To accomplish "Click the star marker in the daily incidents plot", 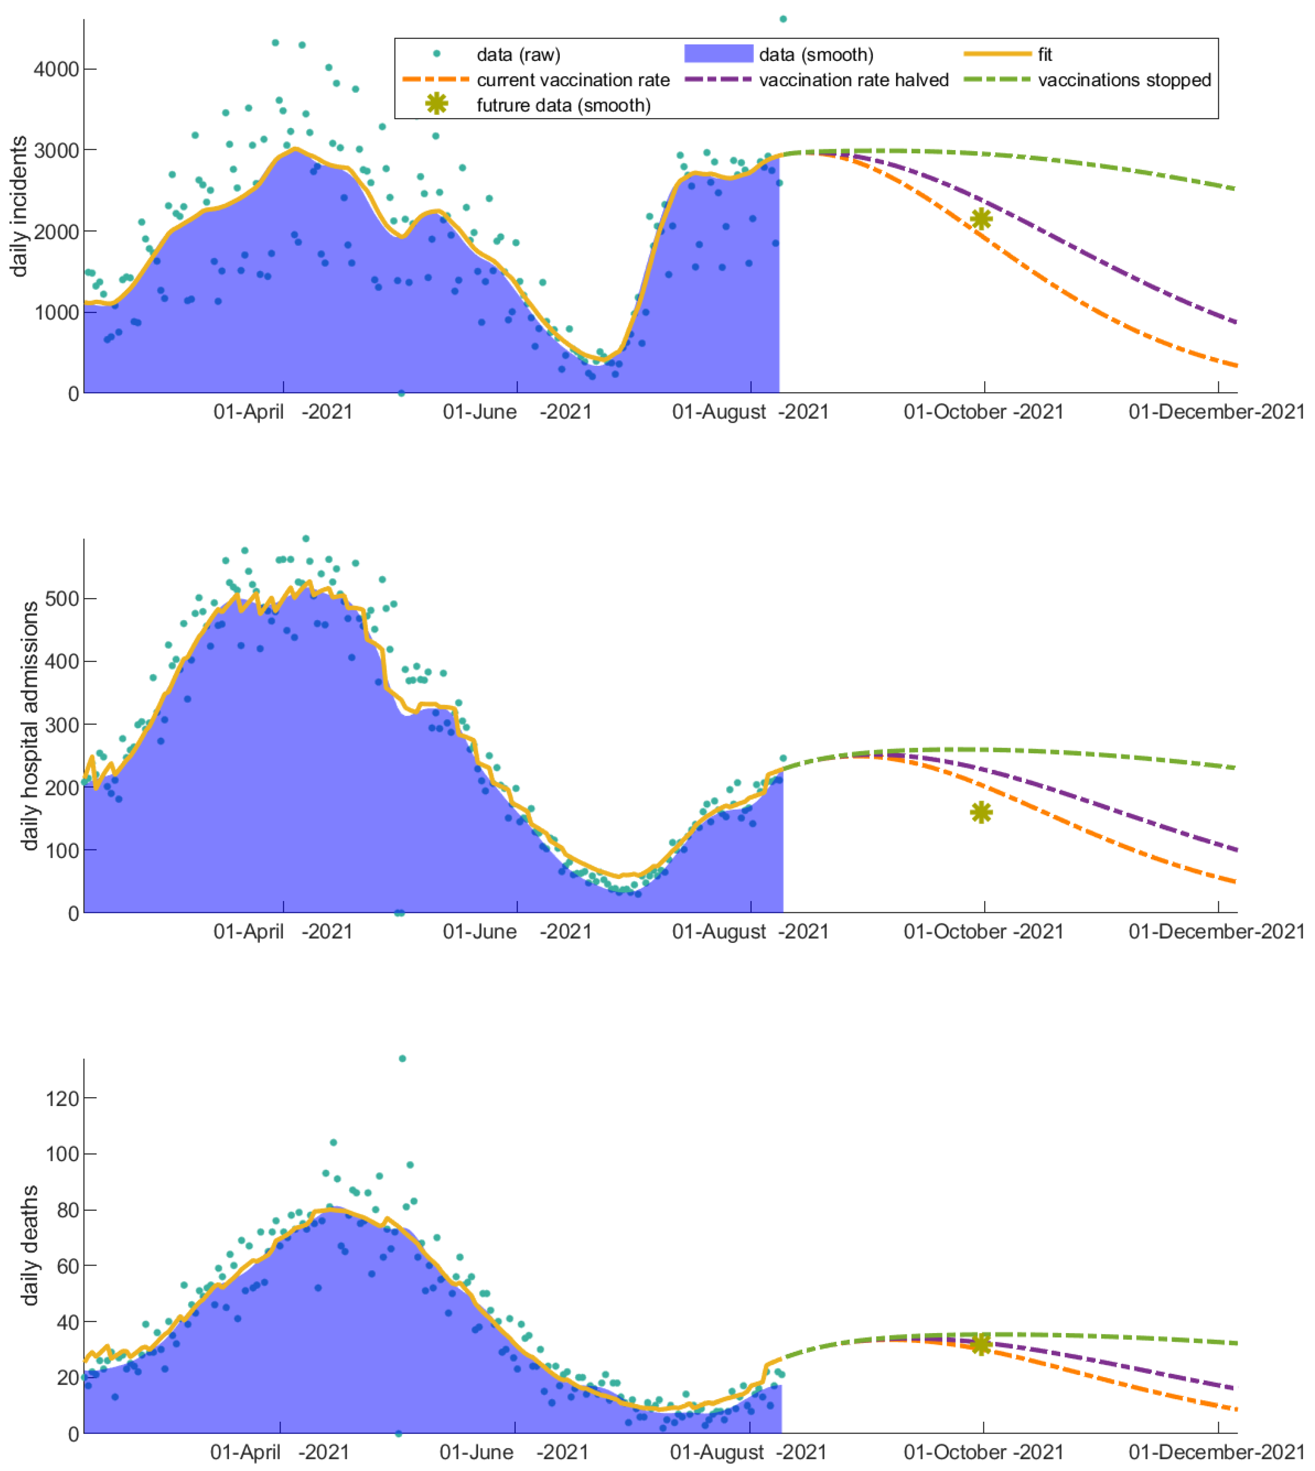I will (981, 219).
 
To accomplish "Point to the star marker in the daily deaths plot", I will (981, 1344).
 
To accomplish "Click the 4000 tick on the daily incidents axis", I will (56, 69).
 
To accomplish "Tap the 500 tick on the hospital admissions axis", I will (61, 598).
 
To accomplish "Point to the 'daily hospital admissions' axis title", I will (30, 726).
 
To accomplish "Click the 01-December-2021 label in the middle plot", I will (1217, 932).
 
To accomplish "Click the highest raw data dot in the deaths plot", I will (403, 1059).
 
